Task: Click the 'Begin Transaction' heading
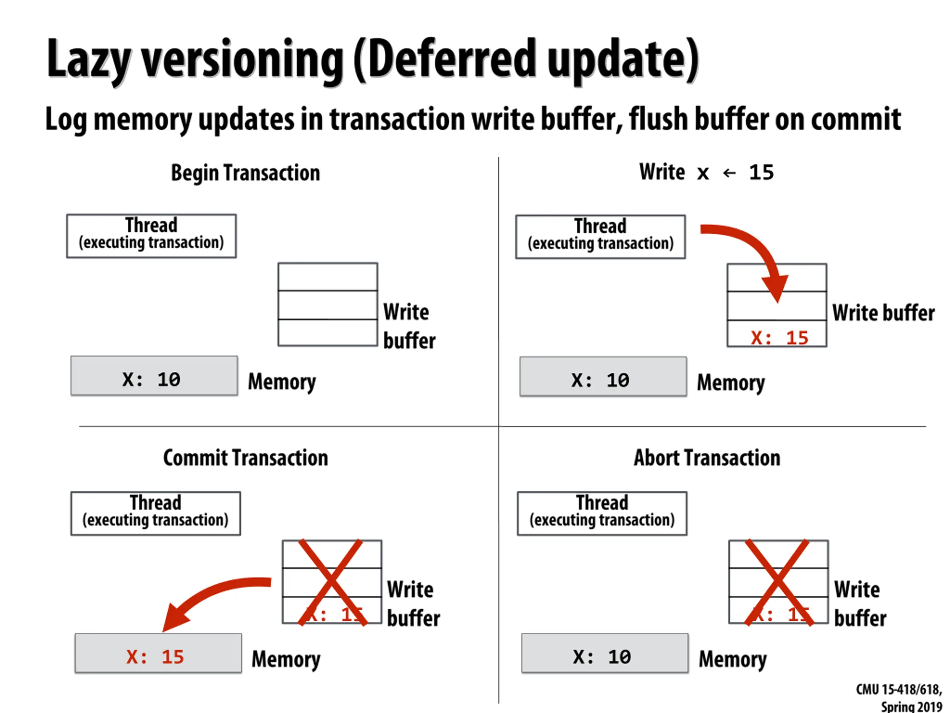click(x=245, y=173)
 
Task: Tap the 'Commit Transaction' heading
click(x=245, y=458)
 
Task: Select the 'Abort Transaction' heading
click(x=707, y=458)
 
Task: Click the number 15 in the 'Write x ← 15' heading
click(x=761, y=173)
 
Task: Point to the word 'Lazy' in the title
click(x=88, y=60)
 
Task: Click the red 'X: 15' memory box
click(x=158, y=653)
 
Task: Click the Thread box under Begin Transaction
click(x=151, y=236)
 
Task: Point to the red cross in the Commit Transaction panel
click(x=331, y=582)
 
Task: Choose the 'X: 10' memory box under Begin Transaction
click(x=154, y=376)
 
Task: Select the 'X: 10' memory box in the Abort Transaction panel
click(x=605, y=653)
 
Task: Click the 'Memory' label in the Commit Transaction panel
click(x=286, y=659)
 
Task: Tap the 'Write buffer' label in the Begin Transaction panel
click(x=409, y=326)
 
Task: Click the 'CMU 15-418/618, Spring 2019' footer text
click(x=899, y=697)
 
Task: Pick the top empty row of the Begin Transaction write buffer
click(x=328, y=277)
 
